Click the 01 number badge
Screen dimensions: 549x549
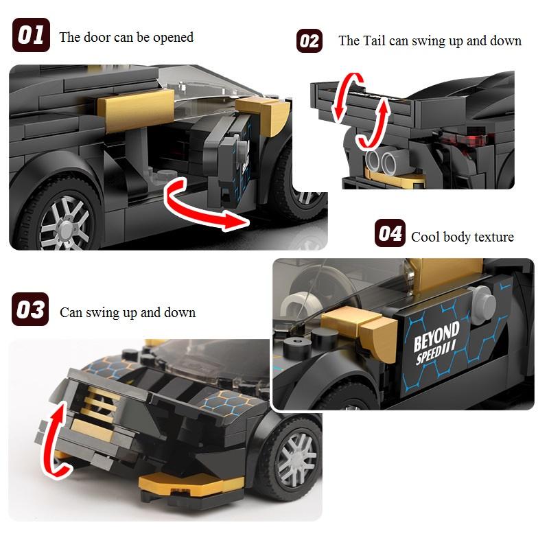tap(31, 35)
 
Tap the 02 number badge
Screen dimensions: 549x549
tap(309, 41)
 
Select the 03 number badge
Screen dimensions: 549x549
tap(30, 309)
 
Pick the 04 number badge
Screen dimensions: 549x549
tap(390, 233)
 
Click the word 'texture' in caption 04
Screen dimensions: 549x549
tap(494, 237)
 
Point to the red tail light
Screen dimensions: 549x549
tap(464, 141)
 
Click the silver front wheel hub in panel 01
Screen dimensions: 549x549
tap(65, 223)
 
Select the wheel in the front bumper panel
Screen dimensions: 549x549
tap(291, 459)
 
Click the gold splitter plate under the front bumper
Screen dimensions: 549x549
tap(191, 484)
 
